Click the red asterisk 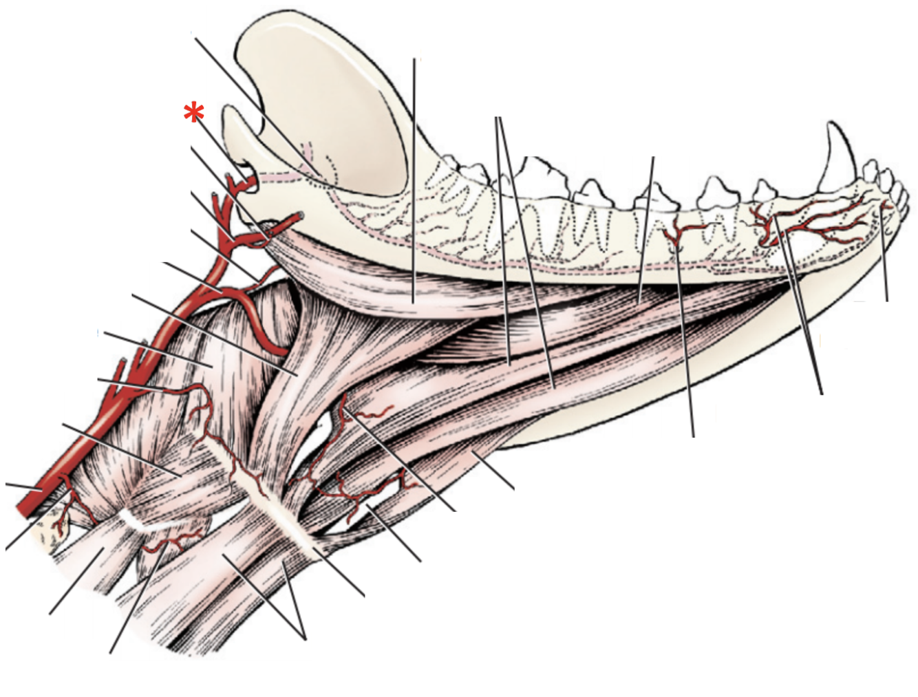[194, 114]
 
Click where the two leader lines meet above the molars [498, 118]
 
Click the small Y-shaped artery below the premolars [677, 233]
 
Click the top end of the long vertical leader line [414, 59]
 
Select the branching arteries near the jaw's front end [812, 220]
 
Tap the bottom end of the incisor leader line [886, 301]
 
